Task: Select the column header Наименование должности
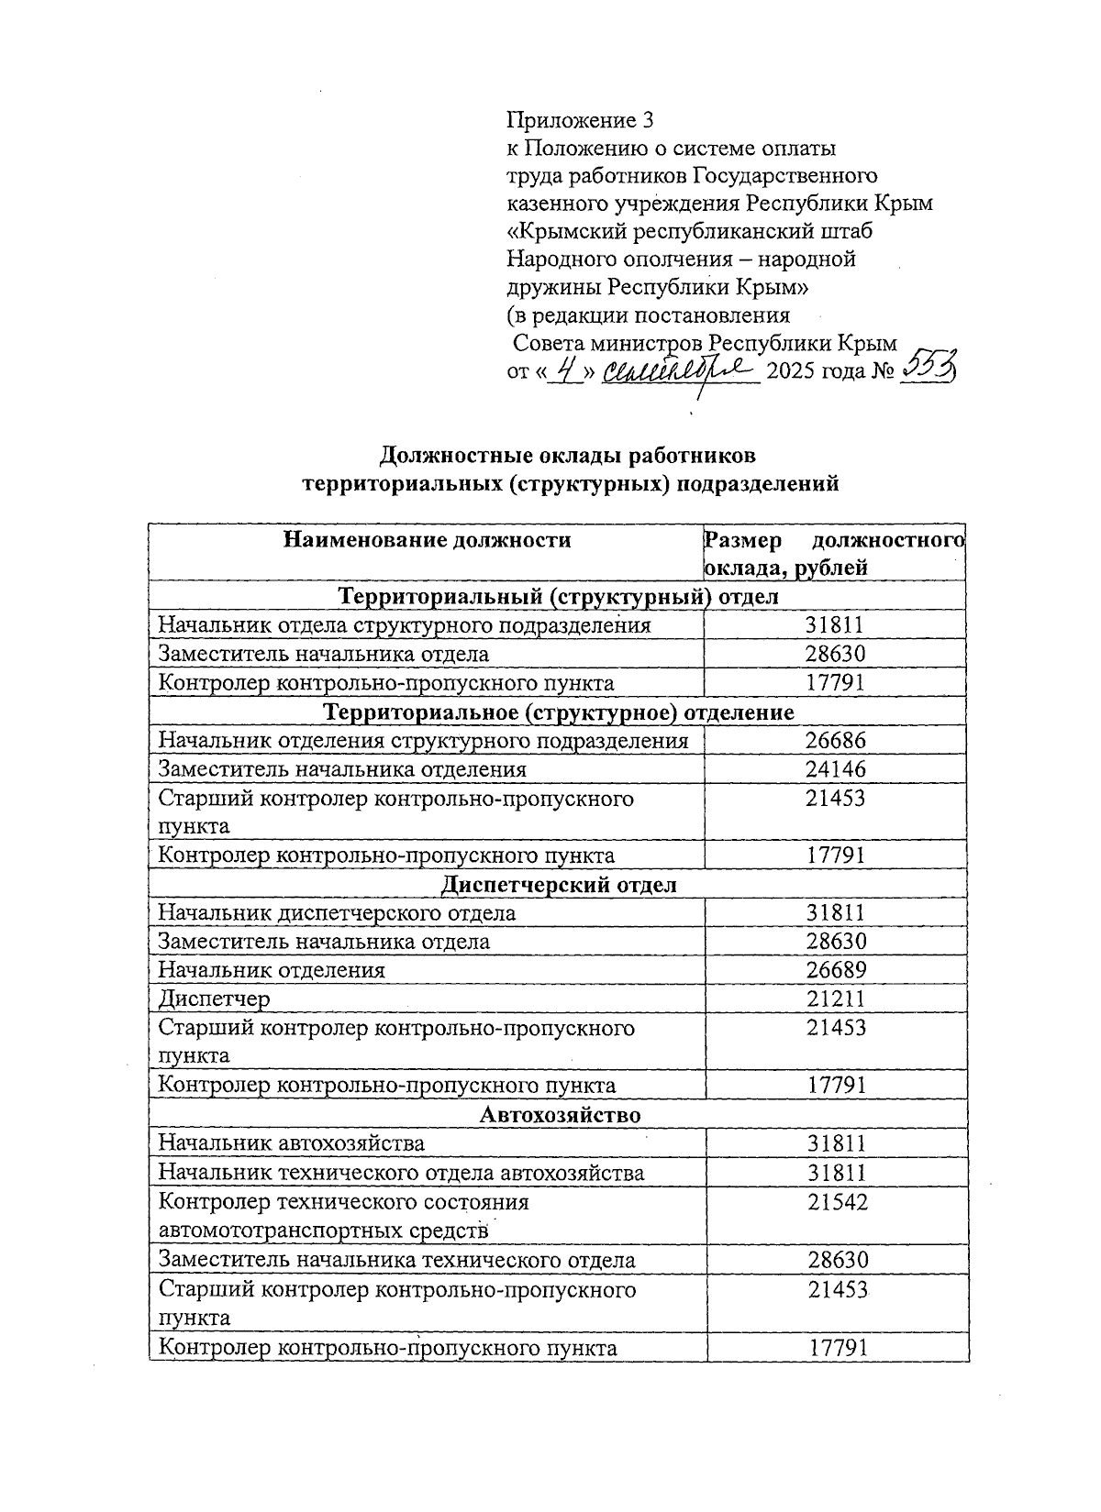coord(427,540)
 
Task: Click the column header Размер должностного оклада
coord(833,553)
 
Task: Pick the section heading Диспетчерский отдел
coord(559,885)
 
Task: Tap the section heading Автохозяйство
coord(560,1115)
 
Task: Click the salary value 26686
coord(836,741)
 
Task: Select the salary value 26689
coord(836,970)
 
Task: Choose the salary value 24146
coord(836,769)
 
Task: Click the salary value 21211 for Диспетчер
coord(836,999)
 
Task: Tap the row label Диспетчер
coord(215,999)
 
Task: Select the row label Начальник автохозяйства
coord(292,1143)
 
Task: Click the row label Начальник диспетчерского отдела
coord(337,913)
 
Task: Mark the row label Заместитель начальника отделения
coord(342,769)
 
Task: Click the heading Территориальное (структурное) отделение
coord(559,712)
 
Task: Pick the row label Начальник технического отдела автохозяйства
coord(401,1173)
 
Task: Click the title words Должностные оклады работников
coord(569,455)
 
